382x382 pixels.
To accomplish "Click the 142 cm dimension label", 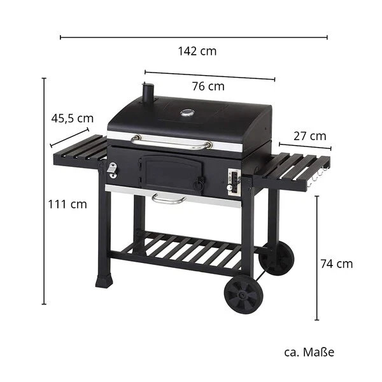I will click(197, 52).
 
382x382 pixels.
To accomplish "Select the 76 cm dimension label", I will click(208, 87).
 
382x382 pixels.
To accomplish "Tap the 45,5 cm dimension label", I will click(72, 118).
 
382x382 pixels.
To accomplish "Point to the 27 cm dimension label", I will click(309, 136).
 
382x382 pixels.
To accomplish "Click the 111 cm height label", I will click(67, 204).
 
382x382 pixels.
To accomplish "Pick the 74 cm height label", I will click(336, 264).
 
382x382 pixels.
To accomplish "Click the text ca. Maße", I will click(309, 351).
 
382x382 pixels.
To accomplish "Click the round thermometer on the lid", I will click(187, 114).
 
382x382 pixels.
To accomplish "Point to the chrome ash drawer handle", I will click(169, 201).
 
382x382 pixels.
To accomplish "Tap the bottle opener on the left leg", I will click(112, 170).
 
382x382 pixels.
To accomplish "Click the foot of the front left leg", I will click(103, 280).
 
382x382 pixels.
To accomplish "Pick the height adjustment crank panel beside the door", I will click(233, 182).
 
